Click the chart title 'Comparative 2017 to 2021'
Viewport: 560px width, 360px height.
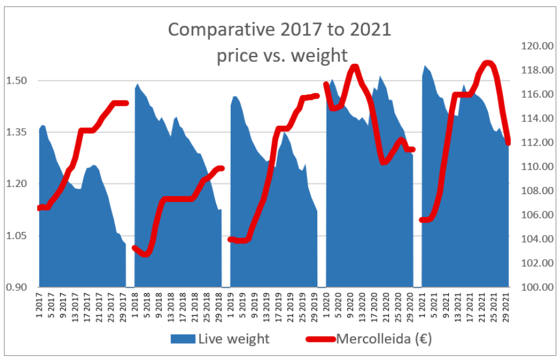[279, 29]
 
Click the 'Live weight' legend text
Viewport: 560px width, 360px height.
[234, 339]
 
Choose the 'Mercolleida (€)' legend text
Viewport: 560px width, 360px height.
[384, 339]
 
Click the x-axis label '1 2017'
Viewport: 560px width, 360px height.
[41, 307]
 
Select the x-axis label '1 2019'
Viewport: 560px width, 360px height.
[231, 307]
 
